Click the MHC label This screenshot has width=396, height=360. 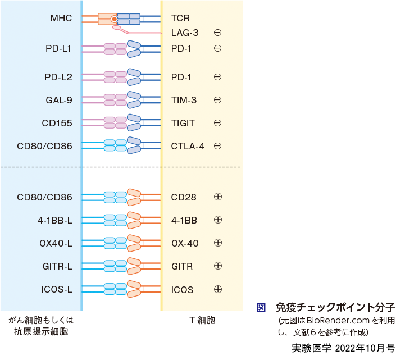click(61, 19)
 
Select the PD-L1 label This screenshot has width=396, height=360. click(58, 48)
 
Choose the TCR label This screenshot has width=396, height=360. click(180, 19)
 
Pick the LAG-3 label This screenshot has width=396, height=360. click(185, 33)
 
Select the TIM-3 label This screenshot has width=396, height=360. click(184, 101)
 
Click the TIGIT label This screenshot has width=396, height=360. click(183, 123)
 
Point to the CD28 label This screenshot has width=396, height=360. click(183, 197)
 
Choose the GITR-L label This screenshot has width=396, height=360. click(57, 266)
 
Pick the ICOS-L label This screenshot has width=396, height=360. click(56, 290)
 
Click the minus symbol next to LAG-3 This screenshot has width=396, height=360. click(218, 33)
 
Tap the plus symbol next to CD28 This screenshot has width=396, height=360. click(218, 197)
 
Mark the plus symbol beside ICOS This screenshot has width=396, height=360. click(218, 290)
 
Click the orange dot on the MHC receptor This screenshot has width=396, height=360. click(114, 19)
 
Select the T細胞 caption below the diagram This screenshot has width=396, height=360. click(202, 321)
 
